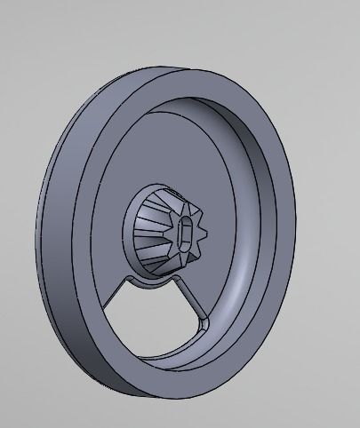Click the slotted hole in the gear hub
(186, 234)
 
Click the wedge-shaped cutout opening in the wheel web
(156, 320)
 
